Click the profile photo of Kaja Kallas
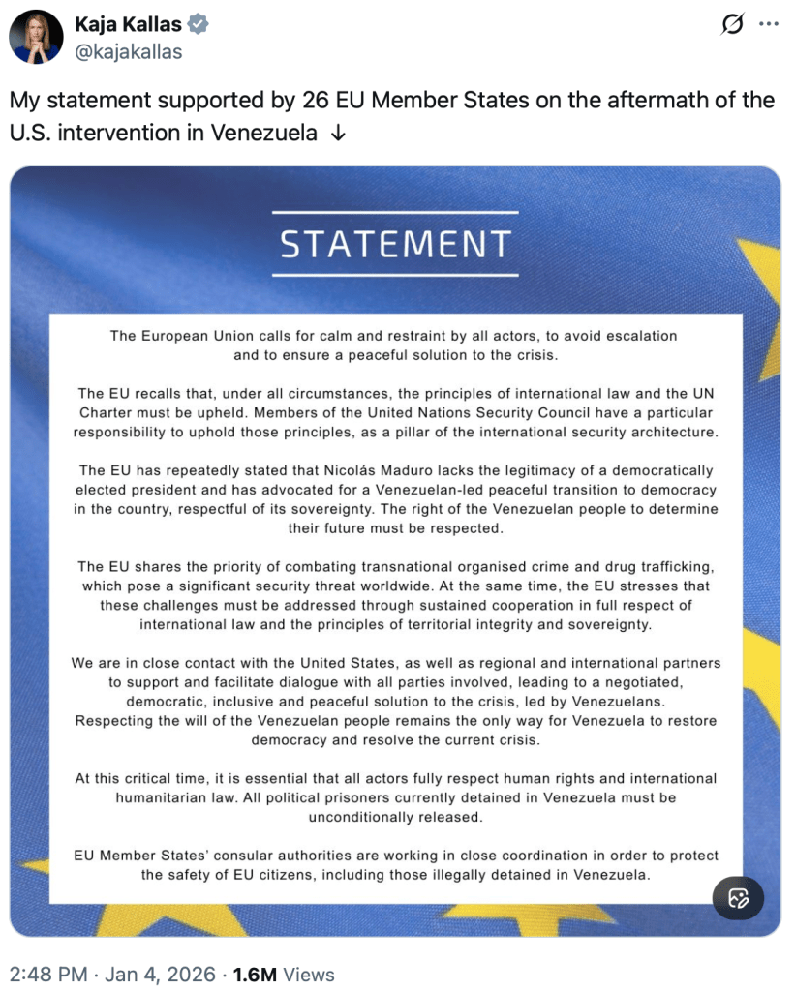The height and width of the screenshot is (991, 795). tap(37, 37)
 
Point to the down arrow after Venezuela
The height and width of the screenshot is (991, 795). tap(337, 134)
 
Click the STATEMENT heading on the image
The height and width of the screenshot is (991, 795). tap(395, 244)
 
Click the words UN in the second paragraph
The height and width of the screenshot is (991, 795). tap(699, 393)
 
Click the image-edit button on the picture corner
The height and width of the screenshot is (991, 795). tap(738, 898)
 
